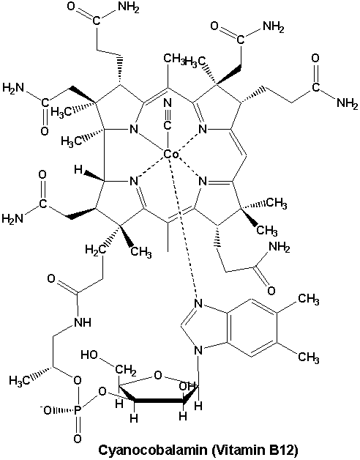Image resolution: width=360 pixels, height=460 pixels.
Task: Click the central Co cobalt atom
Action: point(171,154)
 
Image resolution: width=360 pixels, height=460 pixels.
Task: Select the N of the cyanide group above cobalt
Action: point(167,103)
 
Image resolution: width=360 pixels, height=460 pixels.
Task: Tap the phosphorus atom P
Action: point(78,410)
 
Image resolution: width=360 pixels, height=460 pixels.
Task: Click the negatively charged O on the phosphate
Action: point(47,410)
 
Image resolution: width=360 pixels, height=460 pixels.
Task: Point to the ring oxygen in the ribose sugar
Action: point(158,375)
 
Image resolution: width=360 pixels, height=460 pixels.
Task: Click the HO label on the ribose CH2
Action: point(89,355)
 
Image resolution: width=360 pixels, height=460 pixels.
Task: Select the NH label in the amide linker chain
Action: point(83,322)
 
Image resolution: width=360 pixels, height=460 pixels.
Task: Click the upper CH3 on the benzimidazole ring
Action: point(308,300)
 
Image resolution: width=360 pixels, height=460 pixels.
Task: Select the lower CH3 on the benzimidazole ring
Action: point(308,357)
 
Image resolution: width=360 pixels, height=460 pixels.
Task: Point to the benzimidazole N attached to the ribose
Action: point(198,350)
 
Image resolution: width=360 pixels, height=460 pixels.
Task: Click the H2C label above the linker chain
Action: point(95,250)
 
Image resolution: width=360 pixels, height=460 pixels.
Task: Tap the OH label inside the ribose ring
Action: point(187,386)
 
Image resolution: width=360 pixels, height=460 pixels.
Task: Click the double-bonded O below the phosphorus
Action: point(78,439)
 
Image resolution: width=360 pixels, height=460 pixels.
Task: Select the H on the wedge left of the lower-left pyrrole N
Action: point(78,169)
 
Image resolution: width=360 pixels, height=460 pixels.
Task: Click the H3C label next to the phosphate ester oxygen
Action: point(20,381)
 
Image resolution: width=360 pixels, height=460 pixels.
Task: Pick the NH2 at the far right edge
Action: point(348,103)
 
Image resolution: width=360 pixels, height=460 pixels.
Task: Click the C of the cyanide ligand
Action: point(167,125)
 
